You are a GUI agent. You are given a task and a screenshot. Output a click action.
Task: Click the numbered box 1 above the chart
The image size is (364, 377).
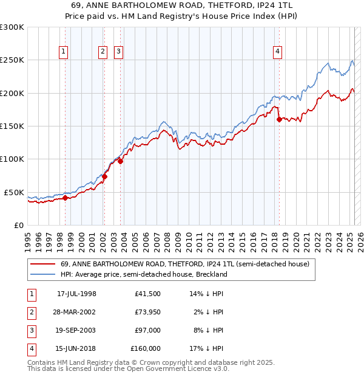[64, 52]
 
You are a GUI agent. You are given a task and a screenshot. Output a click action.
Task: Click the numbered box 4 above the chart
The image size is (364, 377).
[277, 52]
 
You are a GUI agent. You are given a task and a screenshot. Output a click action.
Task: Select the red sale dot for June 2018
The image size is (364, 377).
[279, 120]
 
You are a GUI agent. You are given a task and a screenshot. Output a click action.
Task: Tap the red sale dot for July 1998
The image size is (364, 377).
[65, 198]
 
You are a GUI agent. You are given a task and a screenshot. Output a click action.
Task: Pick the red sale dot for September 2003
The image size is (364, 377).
[120, 161]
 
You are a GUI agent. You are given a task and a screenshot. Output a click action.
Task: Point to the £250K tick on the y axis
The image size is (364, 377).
[12, 60]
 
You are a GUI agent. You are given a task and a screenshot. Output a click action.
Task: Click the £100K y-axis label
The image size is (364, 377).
[12, 159]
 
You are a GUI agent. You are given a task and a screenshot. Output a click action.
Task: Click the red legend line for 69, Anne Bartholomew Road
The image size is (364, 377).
[42, 264]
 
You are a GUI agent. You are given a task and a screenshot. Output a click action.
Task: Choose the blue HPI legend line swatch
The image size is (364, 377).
[42, 274]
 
